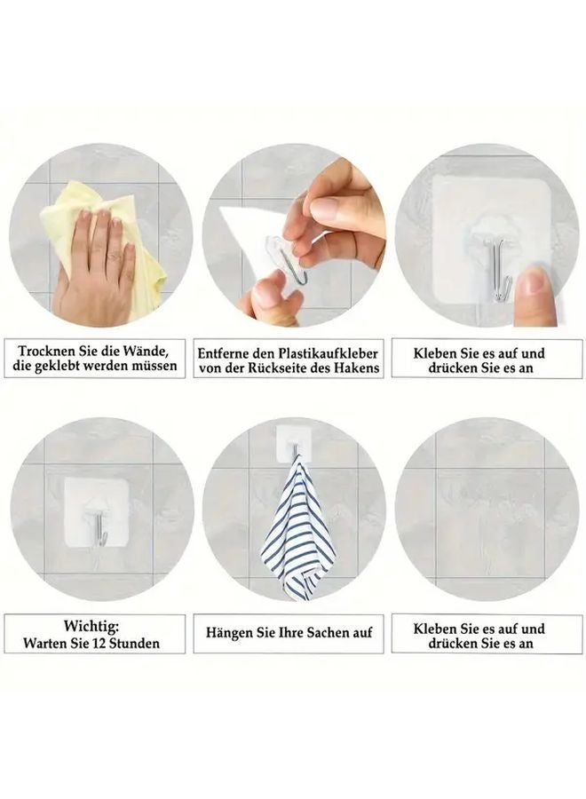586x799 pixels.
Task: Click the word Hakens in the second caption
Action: point(355,368)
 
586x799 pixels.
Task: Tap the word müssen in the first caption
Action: point(154,366)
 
